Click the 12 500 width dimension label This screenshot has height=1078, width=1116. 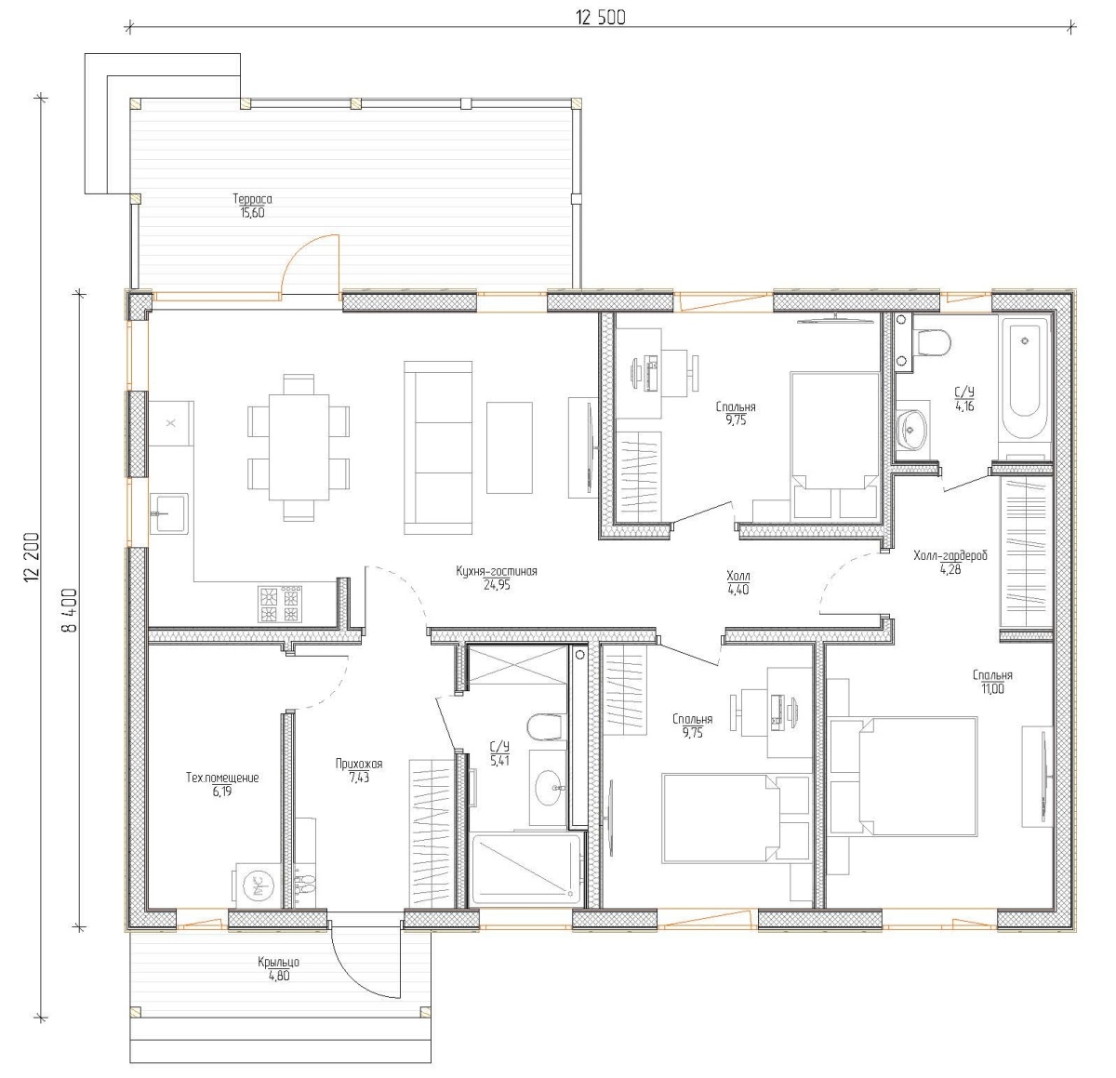coord(601,18)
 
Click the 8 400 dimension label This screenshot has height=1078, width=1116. coord(69,609)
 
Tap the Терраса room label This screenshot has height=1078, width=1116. coord(252,198)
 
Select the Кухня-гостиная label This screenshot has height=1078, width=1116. coord(497,571)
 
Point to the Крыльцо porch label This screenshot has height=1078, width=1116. coord(279,962)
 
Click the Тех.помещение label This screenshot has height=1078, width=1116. coord(222,778)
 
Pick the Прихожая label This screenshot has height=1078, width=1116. coord(359,764)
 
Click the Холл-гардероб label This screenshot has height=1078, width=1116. coord(950,555)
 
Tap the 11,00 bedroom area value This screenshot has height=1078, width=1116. coord(992,688)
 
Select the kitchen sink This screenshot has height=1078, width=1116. coord(169,513)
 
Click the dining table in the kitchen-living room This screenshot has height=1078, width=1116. coord(299,447)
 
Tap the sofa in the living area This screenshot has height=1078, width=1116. coord(438,447)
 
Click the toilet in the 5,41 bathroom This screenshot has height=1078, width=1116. coord(546,727)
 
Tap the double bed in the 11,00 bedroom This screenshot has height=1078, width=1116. coord(904,776)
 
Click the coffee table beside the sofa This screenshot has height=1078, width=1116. coord(510,447)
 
